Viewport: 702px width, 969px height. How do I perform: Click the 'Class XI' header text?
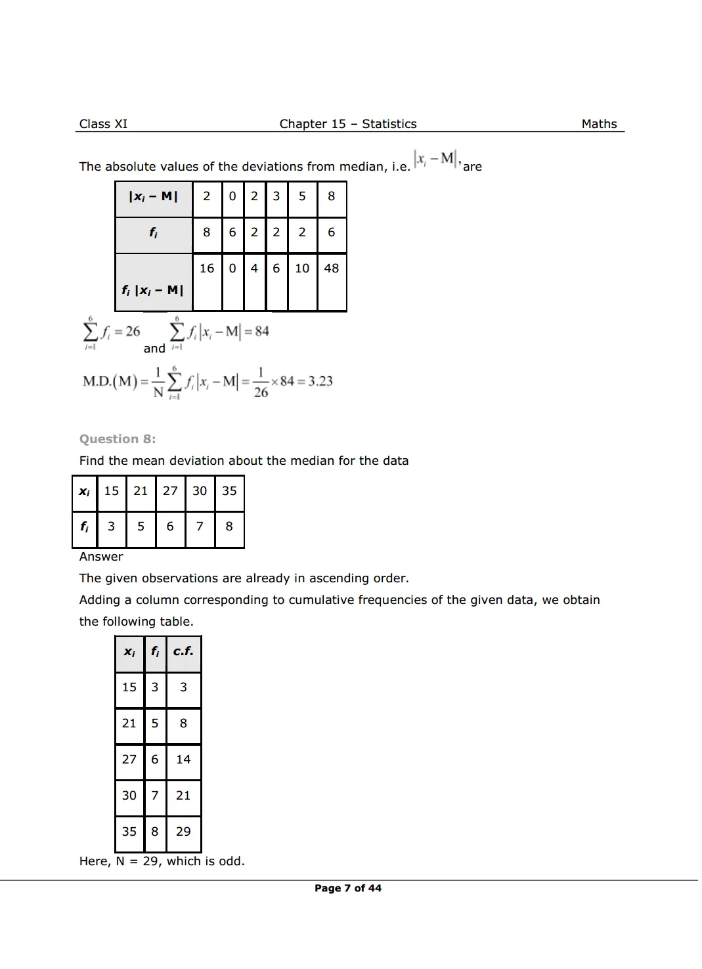click(103, 124)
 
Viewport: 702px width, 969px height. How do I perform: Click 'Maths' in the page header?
click(599, 124)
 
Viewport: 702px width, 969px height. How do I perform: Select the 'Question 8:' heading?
click(118, 439)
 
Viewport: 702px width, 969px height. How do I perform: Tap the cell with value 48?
click(332, 269)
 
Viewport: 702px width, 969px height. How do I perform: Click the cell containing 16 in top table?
click(207, 269)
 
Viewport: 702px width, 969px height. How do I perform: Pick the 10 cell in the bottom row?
click(302, 269)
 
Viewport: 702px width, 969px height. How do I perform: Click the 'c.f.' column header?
click(183, 651)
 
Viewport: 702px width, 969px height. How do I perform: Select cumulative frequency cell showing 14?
click(183, 760)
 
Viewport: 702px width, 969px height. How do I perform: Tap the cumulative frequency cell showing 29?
click(183, 832)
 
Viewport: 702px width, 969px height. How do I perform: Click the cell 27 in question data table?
click(170, 491)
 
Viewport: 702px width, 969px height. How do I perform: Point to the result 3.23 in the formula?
click(320, 381)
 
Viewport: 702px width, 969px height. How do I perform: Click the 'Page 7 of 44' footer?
click(347, 888)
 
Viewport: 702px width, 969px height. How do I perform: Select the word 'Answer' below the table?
click(101, 557)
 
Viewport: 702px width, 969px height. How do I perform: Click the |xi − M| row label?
click(153, 196)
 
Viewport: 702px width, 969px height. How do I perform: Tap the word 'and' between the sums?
click(154, 349)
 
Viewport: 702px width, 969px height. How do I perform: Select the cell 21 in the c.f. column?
click(183, 796)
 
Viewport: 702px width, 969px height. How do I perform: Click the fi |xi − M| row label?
click(152, 290)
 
